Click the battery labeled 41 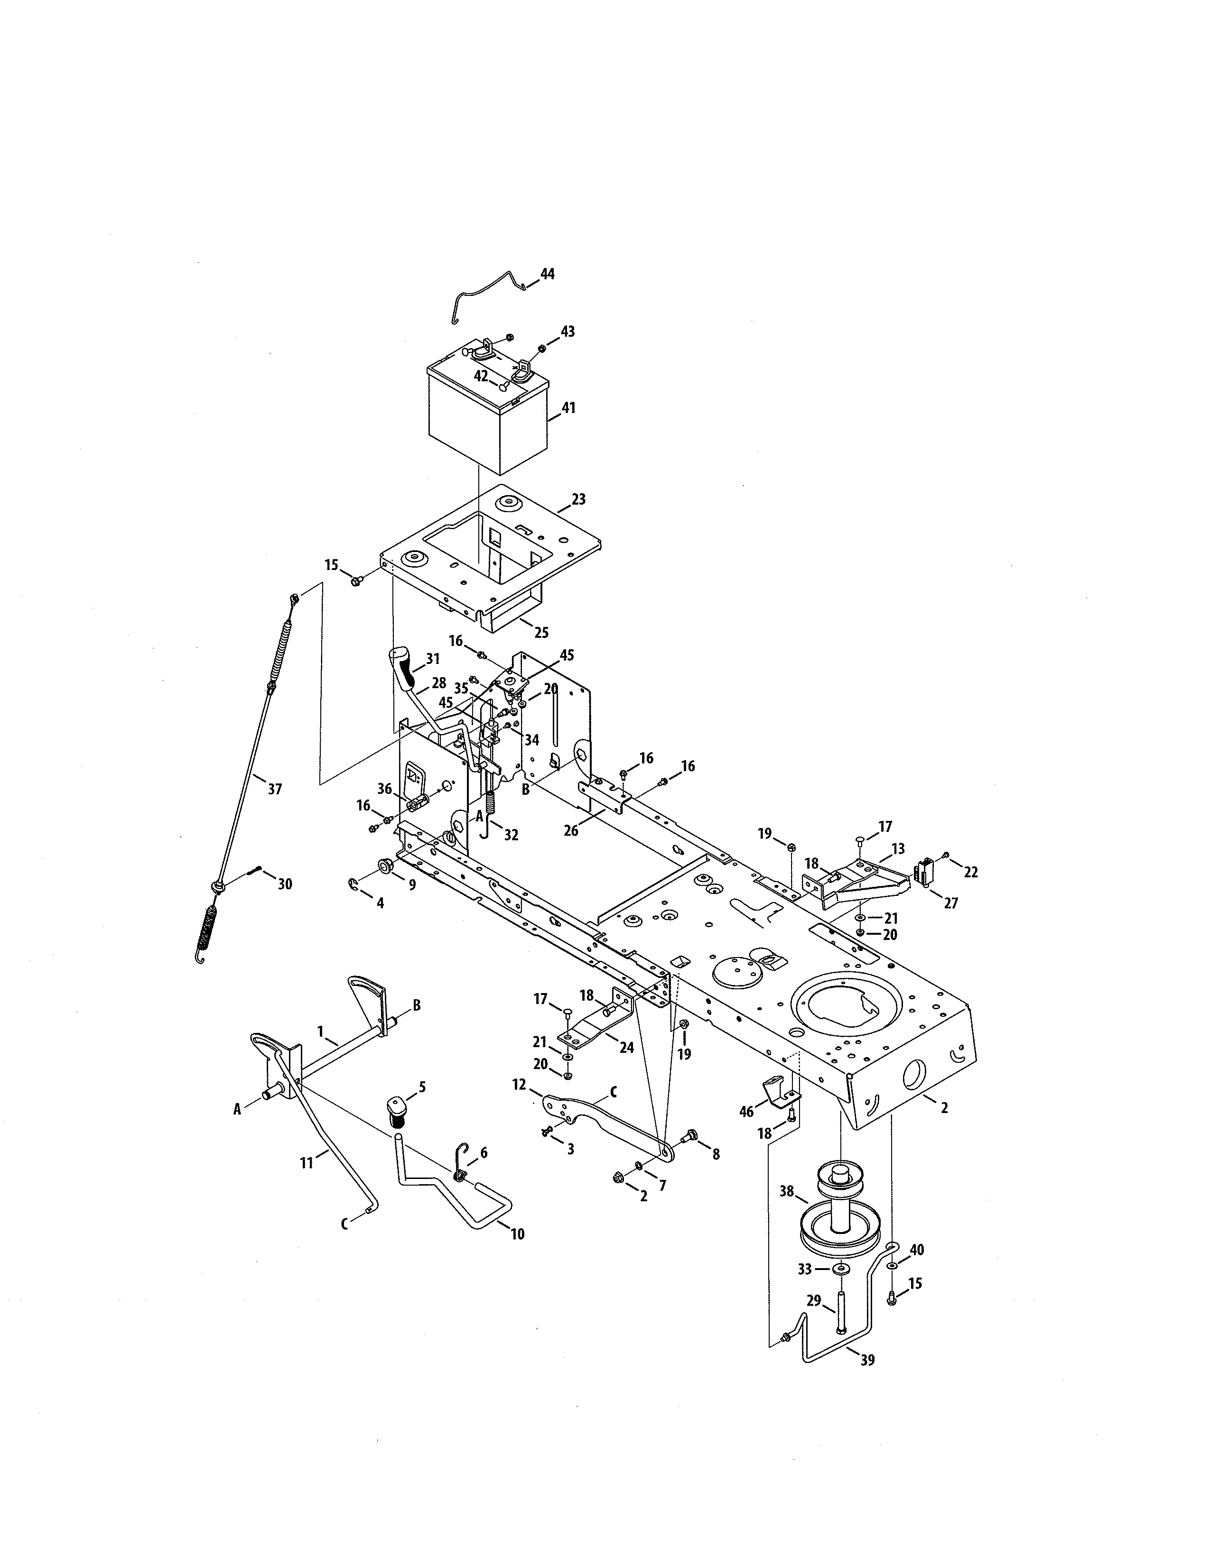(x=487, y=423)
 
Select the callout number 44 (x=547, y=274)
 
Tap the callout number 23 (x=578, y=499)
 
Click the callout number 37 (x=275, y=789)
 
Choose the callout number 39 (x=867, y=1360)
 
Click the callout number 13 (x=898, y=848)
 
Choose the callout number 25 (x=541, y=632)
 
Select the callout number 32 (x=511, y=835)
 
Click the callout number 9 (x=412, y=884)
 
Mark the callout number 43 (x=568, y=332)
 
